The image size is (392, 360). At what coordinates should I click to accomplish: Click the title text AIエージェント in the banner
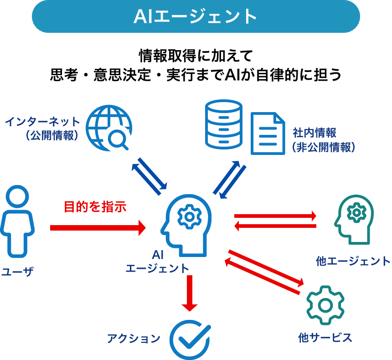pos(196,17)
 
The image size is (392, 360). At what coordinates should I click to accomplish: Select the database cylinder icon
pos(223,123)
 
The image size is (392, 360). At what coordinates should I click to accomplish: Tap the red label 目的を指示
pos(94,207)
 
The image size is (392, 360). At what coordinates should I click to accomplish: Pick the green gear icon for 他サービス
pos(324,304)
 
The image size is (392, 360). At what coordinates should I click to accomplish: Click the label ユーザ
pos(18,272)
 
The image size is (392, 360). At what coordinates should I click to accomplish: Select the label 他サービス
pos(325,338)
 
